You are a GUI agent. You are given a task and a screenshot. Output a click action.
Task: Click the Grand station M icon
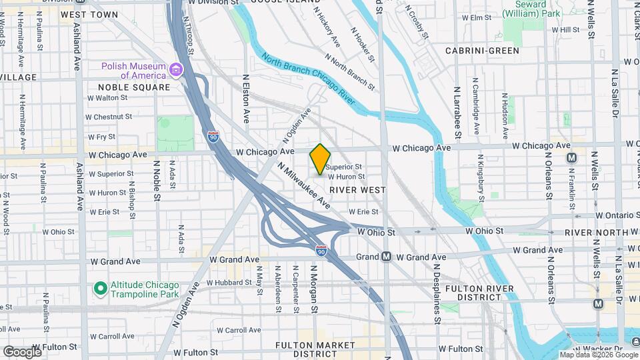click(386, 257)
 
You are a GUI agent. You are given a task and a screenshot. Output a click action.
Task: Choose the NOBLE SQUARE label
click(133, 87)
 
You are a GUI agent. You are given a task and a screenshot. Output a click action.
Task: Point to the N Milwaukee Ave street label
click(304, 185)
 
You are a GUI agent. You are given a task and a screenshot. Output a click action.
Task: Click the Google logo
click(22, 351)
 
